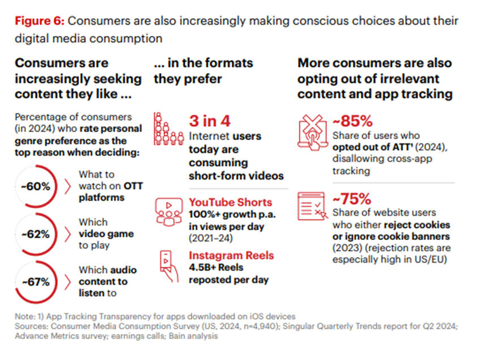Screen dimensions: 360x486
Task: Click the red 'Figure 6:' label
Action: point(40,22)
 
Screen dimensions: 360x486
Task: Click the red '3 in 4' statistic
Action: point(209,121)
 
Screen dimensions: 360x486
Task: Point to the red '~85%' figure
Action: point(352,121)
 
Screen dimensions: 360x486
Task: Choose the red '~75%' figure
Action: point(352,199)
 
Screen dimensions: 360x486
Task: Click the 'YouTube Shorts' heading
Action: point(231,202)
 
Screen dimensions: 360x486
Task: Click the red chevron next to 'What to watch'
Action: point(67,186)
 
